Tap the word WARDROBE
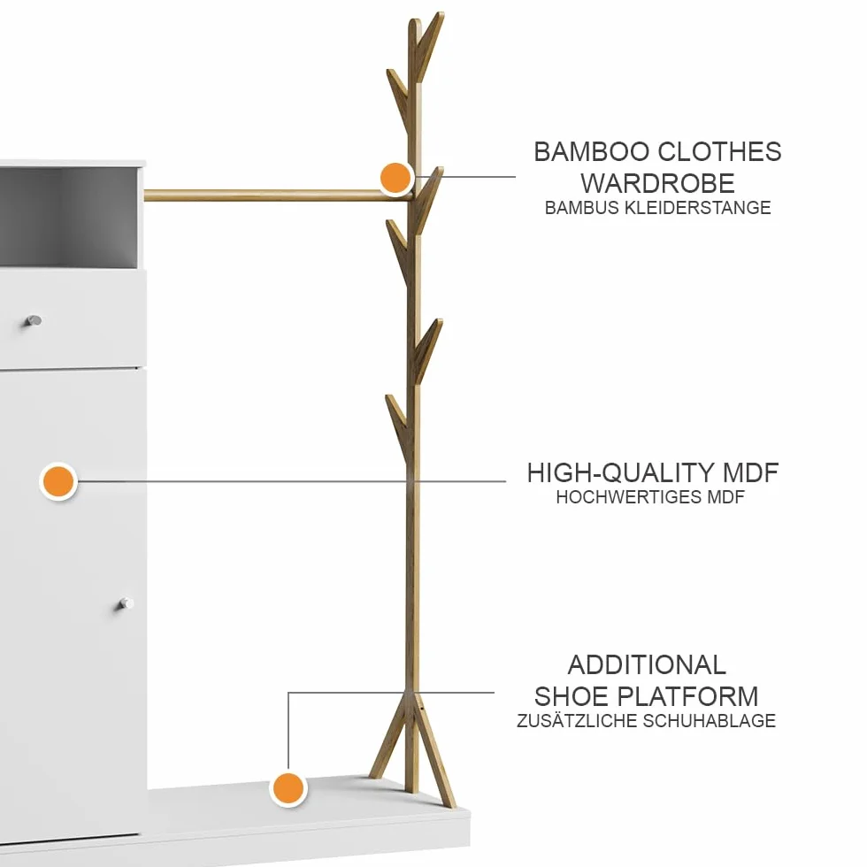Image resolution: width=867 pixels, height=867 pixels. pos(657,184)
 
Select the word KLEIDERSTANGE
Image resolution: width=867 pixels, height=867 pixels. pos(697,208)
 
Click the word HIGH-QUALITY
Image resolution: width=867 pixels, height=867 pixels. pos(613,473)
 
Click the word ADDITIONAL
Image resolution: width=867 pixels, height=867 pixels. pos(647,665)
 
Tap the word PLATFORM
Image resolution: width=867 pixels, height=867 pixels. pos(687,697)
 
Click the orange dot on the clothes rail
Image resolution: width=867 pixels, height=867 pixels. pos(396,178)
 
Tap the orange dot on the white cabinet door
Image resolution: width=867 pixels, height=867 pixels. pos(58,481)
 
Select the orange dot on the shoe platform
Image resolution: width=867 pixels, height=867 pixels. pos(288,788)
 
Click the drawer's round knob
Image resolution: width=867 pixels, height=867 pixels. pos(34,320)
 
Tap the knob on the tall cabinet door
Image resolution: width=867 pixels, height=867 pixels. pos(126,603)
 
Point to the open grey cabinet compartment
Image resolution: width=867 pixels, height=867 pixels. pos(68,216)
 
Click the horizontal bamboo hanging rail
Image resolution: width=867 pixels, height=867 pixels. pos(276,196)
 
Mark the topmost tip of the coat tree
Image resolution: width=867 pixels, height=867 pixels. pos(441,12)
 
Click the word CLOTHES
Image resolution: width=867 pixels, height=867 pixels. pos(720,152)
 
